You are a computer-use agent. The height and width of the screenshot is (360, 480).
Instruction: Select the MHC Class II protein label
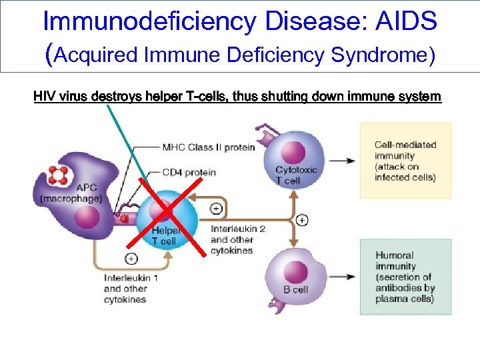[x=209, y=147]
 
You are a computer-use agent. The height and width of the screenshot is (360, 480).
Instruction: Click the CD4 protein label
[x=189, y=172]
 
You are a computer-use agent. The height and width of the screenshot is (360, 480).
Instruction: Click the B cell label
[x=295, y=289]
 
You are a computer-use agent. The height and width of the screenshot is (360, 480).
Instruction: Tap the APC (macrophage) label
[x=71, y=193]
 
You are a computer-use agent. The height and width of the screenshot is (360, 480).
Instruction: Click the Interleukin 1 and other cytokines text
[x=131, y=289]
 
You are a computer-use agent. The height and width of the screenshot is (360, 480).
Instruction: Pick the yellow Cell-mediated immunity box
[x=405, y=161]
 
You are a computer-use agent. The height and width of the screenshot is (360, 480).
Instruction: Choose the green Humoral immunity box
[x=405, y=277]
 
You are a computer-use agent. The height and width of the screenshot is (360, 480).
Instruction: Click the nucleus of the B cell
[x=296, y=271]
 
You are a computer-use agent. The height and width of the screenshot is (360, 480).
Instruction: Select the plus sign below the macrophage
[x=131, y=259]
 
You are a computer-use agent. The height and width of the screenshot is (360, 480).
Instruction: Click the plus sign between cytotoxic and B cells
[x=302, y=219]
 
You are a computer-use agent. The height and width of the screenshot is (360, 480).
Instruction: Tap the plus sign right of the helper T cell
[x=216, y=208]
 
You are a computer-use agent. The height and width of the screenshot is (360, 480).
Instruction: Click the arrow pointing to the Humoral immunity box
[x=341, y=276]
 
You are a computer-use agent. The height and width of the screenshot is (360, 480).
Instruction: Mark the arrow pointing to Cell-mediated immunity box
[x=341, y=161]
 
